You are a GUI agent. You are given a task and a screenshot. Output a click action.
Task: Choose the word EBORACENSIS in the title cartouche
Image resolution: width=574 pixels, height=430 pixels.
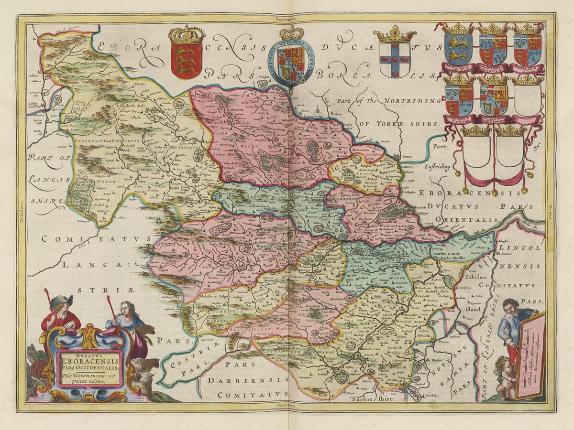coord(90,360)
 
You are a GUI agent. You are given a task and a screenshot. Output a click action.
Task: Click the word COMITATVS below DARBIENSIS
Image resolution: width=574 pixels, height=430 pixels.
coord(253,395)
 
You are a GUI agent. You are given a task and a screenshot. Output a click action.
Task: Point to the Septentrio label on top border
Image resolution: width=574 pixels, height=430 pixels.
coord(287,19)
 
